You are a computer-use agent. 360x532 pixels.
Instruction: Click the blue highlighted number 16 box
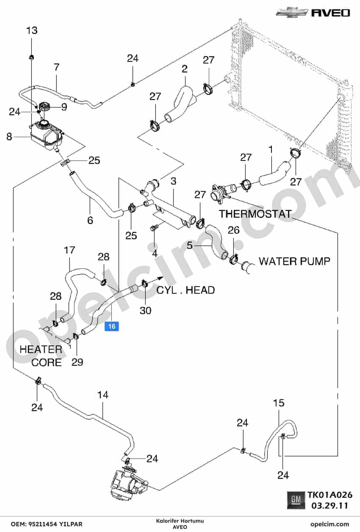coord(112,326)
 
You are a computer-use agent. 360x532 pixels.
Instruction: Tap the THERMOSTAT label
coord(255,214)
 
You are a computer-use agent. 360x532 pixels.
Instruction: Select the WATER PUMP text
coord(294,261)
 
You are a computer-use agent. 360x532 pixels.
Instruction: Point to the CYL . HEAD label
coord(186,290)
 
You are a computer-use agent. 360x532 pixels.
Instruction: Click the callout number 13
coord(32,30)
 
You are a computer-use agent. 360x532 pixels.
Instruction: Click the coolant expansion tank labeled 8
coord(47,135)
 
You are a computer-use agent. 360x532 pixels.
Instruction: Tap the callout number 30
coord(145,310)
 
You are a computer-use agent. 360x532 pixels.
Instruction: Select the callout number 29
coord(77,362)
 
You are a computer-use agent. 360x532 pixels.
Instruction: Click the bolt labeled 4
coord(153,227)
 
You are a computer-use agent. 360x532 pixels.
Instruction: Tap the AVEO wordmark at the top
coord(330,13)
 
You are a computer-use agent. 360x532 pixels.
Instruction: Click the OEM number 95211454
coord(44,524)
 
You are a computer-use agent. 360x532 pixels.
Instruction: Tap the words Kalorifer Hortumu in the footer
coord(180,521)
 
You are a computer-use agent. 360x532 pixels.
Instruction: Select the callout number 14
coord(103,395)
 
